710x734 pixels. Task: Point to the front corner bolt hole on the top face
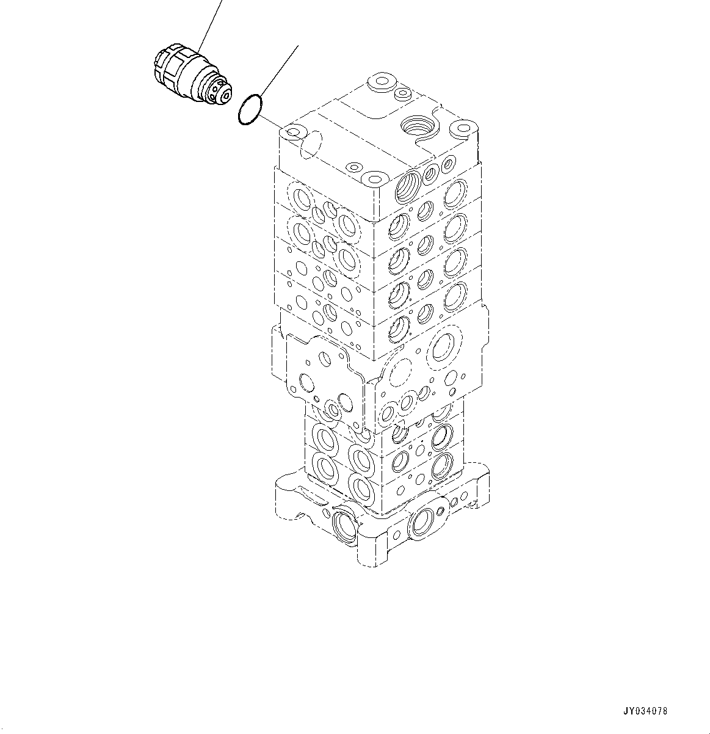coord(372,180)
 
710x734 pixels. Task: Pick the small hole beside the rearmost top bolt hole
coord(402,94)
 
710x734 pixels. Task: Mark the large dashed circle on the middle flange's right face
coord(399,372)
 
